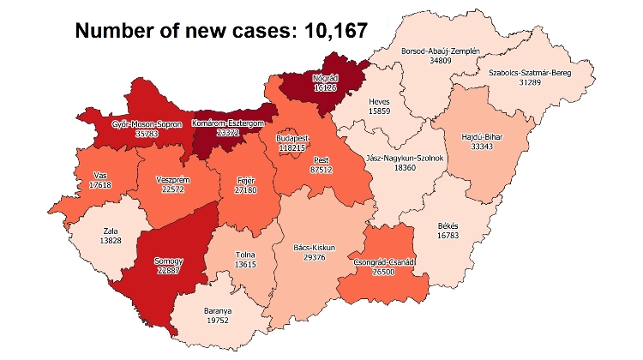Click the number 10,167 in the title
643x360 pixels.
point(329,31)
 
